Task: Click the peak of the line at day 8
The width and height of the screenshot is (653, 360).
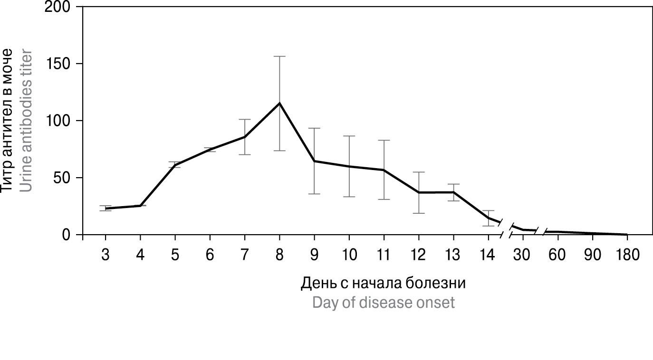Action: [x=279, y=103]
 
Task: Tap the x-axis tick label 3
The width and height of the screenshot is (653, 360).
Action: [x=105, y=255]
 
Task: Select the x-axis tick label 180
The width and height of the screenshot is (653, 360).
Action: [x=627, y=255]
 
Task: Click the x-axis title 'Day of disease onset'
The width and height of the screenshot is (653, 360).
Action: [x=383, y=303]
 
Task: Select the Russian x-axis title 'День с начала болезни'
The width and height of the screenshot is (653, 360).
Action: [x=383, y=283]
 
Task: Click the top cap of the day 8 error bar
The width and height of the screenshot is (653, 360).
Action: [x=279, y=57]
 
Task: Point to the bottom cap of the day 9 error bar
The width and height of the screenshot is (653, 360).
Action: [x=314, y=194]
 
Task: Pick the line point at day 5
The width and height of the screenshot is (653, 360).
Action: [x=175, y=164]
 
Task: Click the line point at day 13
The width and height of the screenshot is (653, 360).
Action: [x=453, y=192]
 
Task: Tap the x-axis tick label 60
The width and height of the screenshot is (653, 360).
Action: [x=557, y=255]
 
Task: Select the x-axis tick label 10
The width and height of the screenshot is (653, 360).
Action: [x=349, y=255]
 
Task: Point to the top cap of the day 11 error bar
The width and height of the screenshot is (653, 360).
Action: [x=384, y=141]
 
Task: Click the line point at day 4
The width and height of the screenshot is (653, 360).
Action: [x=140, y=206]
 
